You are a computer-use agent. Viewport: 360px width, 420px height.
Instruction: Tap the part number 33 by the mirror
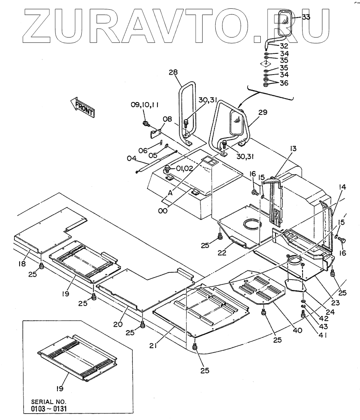[x=306, y=17]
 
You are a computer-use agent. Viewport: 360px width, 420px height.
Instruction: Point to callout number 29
[x=262, y=113]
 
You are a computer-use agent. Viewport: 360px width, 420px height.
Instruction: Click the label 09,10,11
[x=145, y=105]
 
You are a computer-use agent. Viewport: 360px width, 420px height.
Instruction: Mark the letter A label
[x=170, y=192]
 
